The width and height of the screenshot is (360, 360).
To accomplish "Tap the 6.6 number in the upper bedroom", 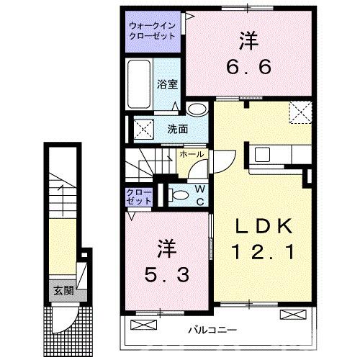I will pyautogui.click(x=250, y=66).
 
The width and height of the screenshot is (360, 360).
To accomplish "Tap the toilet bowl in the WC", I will pyautogui.click(x=179, y=194).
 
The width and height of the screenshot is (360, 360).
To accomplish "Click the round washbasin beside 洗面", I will pyautogui.click(x=195, y=109).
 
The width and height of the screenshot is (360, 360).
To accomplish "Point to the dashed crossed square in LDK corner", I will pyautogui.click(x=299, y=112).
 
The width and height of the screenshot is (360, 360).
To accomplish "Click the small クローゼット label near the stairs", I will pyautogui.click(x=138, y=197).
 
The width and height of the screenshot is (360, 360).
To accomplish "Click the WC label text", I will pyautogui.click(x=199, y=194).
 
